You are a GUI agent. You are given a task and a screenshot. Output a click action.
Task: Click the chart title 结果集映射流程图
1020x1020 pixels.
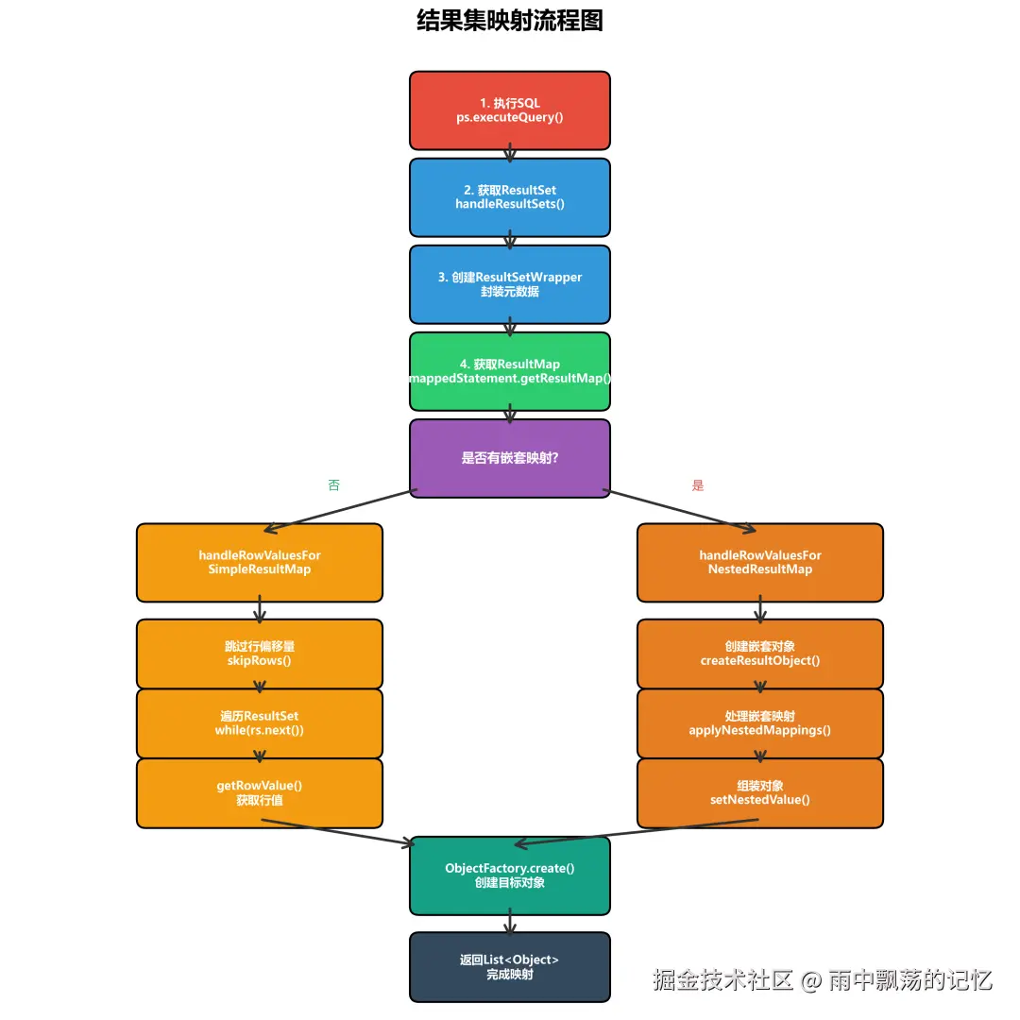click(509, 21)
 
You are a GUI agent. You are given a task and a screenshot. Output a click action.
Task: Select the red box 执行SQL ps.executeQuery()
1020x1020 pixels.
click(509, 110)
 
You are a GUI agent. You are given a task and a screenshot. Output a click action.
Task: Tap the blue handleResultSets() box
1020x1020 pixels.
click(509, 197)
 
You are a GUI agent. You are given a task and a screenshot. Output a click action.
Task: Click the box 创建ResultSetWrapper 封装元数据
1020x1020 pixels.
click(509, 284)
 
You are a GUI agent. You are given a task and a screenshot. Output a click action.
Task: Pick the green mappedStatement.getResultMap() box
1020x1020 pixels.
click(509, 371)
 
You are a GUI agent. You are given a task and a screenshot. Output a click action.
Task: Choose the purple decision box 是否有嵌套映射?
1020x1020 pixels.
click(509, 458)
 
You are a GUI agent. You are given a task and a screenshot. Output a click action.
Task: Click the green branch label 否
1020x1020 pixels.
click(333, 485)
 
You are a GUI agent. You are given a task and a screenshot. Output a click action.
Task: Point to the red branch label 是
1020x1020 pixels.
click(698, 485)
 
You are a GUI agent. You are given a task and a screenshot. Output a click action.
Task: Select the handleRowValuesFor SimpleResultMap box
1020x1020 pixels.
click(260, 562)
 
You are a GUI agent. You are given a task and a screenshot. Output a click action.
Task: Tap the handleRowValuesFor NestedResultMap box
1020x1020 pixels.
click(760, 562)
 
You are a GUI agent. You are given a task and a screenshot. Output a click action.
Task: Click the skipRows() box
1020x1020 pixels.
click(260, 654)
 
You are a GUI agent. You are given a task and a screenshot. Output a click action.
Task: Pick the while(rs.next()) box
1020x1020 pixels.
click(260, 723)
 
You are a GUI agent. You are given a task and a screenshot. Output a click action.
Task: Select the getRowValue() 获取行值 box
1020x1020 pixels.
click(260, 793)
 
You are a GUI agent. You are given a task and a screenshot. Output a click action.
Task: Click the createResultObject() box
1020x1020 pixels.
click(760, 654)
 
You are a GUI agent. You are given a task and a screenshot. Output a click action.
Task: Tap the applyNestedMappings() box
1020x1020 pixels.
click(760, 723)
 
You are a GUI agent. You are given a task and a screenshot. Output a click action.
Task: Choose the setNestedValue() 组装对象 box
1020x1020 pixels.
click(760, 793)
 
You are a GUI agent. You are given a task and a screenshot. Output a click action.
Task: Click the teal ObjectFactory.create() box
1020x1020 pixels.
click(509, 875)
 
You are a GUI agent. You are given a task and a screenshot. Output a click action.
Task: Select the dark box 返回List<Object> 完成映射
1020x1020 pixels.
click(509, 966)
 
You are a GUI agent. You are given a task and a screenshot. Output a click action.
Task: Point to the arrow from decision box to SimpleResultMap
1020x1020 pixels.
click(340, 511)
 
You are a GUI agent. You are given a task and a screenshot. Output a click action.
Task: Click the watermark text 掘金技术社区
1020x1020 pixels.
click(722, 980)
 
